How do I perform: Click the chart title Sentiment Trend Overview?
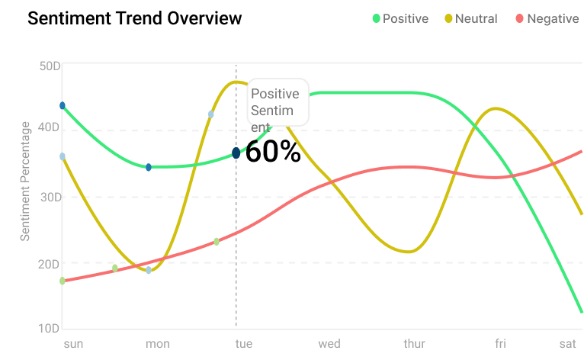[x=134, y=18]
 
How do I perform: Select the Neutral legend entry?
[x=470, y=18]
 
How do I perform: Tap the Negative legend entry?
[x=547, y=18]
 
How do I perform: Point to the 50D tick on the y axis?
[x=50, y=66]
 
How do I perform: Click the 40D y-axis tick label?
[x=50, y=127]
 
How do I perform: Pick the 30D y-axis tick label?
[x=50, y=197]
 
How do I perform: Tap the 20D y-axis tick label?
[x=50, y=264]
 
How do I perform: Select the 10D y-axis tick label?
[x=50, y=328]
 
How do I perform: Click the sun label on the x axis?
[x=73, y=344]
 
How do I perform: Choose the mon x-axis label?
[x=158, y=344]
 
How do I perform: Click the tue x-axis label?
[x=243, y=344]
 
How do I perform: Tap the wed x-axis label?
[x=329, y=344]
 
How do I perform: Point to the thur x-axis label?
[x=415, y=344]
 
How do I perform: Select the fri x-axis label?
[x=500, y=344]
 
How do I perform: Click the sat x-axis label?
[x=567, y=344]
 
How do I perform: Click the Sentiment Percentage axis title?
[x=25, y=181]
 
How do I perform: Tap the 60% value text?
[x=273, y=153]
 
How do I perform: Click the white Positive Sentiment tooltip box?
[x=278, y=101]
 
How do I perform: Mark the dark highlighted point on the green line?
[x=236, y=153]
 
